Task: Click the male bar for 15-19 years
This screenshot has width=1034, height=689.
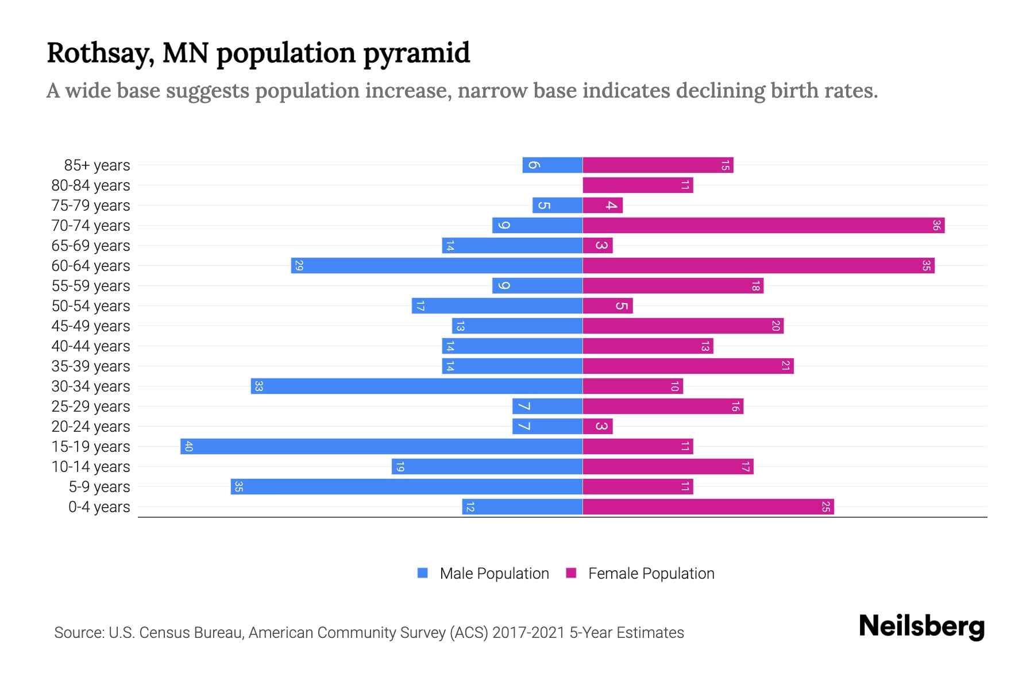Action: pos(381,447)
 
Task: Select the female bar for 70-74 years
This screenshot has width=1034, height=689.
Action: pos(763,226)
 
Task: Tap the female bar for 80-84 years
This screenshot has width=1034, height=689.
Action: pos(638,185)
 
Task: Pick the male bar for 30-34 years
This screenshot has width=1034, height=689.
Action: pos(416,386)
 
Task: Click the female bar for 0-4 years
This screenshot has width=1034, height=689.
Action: pos(708,507)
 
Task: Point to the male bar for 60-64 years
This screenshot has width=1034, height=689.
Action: pos(437,266)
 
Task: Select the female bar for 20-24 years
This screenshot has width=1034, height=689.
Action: pos(597,427)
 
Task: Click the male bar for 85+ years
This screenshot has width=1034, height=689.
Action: pos(552,165)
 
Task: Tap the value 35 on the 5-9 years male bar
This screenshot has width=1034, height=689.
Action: pos(239,487)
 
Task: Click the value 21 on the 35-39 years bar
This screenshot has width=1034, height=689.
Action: pos(785,366)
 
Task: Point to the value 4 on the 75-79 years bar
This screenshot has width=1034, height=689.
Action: pos(611,206)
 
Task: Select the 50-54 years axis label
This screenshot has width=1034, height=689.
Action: pos(91,306)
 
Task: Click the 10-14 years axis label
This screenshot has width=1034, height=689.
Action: pos(91,467)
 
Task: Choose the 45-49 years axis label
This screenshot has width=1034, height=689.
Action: pos(91,326)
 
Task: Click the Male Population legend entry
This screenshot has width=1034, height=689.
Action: pos(494,574)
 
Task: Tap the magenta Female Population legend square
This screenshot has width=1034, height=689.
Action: pos(571,573)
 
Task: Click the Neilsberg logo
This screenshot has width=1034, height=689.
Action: pos(921,626)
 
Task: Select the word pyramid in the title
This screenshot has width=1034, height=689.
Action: pos(416,53)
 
